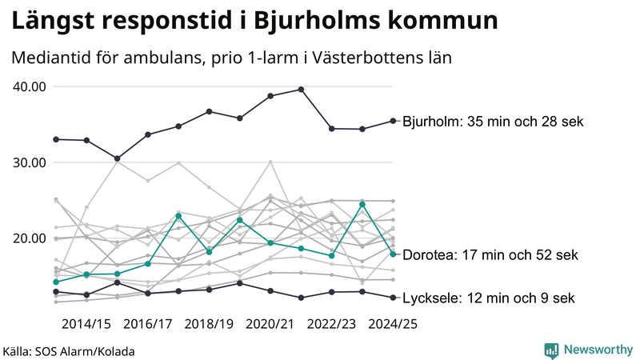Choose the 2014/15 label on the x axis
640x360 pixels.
(x=86, y=324)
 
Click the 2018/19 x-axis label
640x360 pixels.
(x=209, y=324)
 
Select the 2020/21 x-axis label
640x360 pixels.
(x=270, y=324)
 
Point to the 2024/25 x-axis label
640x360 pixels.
(x=392, y=324)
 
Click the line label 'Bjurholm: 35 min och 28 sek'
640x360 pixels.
(x=494, y=122)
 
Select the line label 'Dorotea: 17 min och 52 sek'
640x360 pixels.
(x=488, y=255)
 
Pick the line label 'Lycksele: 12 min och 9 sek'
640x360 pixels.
(x=488, y=298)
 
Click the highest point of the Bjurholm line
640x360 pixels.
(x=301, y=89)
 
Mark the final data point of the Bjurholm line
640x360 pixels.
(x=393, y=121)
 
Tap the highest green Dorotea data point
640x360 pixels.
(x=362, y=204)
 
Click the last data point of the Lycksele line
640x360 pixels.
(x=393, y=298)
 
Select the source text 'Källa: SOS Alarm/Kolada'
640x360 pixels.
(x=69, y=350)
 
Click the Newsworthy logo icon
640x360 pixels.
(x=551, y=350)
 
